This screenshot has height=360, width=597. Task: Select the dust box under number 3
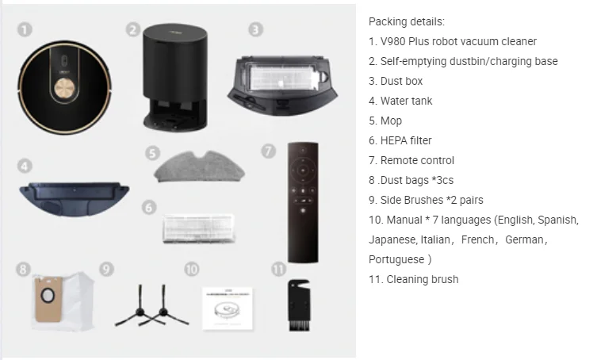pyautogui.click(x=278, y=82)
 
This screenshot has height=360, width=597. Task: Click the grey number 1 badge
pyautogui.click(x=25, y=29)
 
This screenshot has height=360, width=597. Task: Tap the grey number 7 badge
pyautogui.click(x=270, y=150)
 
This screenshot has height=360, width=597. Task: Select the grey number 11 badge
pyautogui.click(x=278, y=269)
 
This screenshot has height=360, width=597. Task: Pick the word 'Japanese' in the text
pyautogui.click(x=392, y=239)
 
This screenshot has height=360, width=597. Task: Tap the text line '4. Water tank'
pyautogui.click(x=400, y=101)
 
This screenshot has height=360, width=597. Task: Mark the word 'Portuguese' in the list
pyautogui.click(x=396, y=259)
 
